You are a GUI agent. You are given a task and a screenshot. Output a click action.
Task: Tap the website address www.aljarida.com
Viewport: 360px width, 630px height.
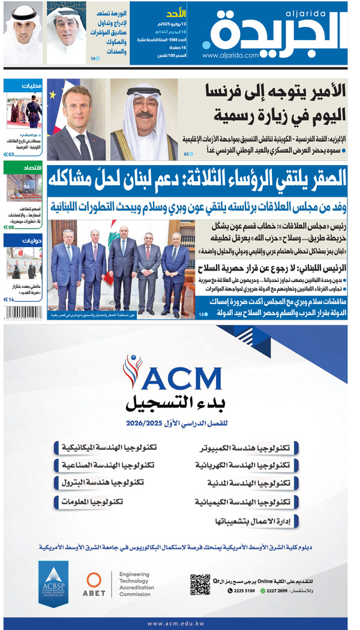click(230, 55)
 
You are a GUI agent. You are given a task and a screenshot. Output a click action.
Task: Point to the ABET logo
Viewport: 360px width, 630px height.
click(96, 584)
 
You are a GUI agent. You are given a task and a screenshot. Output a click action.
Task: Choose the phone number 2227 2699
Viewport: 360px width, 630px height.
click(279, 591)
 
